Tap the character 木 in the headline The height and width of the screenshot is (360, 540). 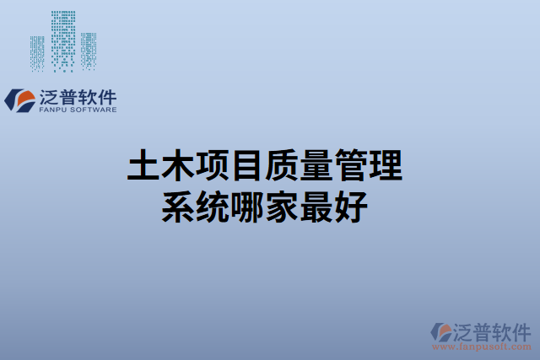click(x=179, y=167)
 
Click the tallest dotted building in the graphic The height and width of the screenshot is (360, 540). click(x=62, y=38)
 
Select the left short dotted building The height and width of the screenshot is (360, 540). click(x=38, y=52)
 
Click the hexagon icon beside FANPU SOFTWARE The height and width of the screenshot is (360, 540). click(x=19, y=99)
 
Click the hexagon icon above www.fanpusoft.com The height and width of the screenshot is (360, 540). click(x=440, y=330)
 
